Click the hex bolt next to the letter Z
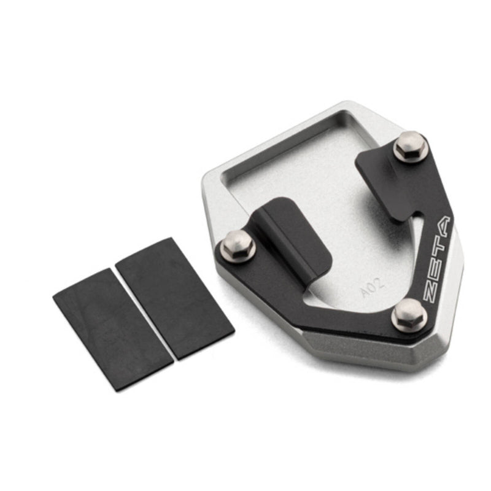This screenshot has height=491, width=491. (x=409, y=314)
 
